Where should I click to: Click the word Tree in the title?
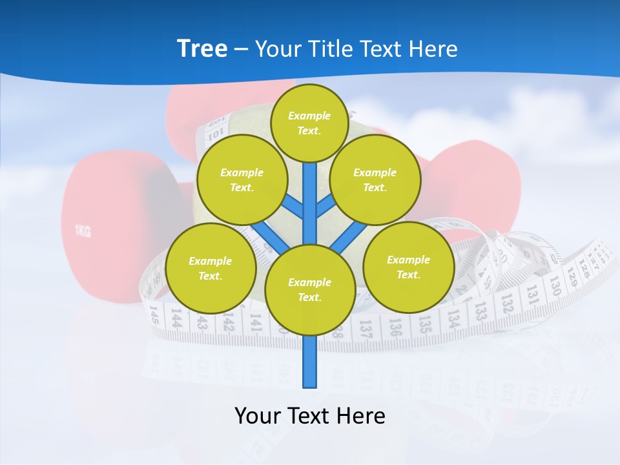click(202, 48)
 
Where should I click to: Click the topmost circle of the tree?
click(309, 123)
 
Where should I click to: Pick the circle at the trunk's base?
click(310, 290)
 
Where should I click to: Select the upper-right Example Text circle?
click(375, 180)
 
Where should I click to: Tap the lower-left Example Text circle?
click(210, 268)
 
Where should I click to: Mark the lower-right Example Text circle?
click(408, 267)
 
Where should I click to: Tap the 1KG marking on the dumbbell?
click(82, 231)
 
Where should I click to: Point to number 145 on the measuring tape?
click(154, 315)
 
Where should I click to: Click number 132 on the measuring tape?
click(508, 301)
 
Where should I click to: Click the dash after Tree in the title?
click(242, 49)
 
